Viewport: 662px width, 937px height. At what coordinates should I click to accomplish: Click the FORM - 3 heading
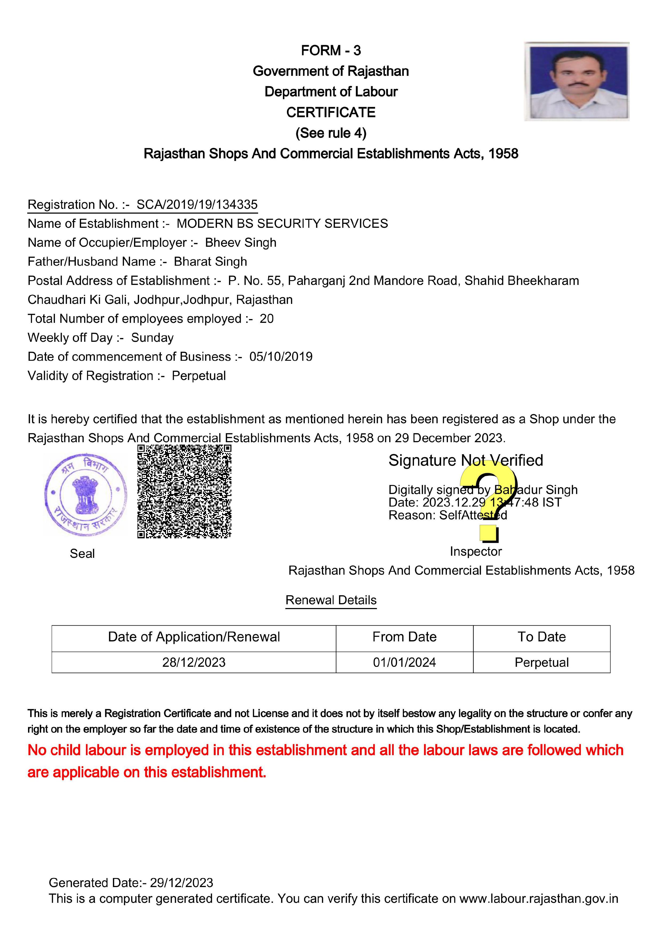click(331, 51)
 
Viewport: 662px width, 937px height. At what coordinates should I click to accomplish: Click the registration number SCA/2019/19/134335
click(197, 205)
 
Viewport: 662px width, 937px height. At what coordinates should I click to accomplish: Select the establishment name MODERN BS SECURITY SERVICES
click(282, 224)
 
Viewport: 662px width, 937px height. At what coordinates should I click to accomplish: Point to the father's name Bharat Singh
click(210, 262)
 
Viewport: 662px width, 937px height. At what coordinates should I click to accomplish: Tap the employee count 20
click(267, 319)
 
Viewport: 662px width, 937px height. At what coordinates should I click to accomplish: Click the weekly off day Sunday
click(152, 338)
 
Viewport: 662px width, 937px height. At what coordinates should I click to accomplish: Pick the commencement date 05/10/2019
click(281, 357)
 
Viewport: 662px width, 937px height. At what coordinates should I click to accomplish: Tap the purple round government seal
click(85, 495)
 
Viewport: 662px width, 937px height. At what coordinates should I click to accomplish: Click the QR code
click(184, 491)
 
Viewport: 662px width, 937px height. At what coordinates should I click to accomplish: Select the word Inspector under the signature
click(476, 551)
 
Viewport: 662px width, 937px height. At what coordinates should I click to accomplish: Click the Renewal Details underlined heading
click(331, 600)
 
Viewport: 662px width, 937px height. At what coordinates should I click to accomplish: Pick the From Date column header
click(404, 637)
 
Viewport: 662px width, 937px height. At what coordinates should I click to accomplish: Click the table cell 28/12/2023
click(194, 662)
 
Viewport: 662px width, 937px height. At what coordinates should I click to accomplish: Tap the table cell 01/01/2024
click(404, 662)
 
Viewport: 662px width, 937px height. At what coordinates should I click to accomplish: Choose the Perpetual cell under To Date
click(541, 662)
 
